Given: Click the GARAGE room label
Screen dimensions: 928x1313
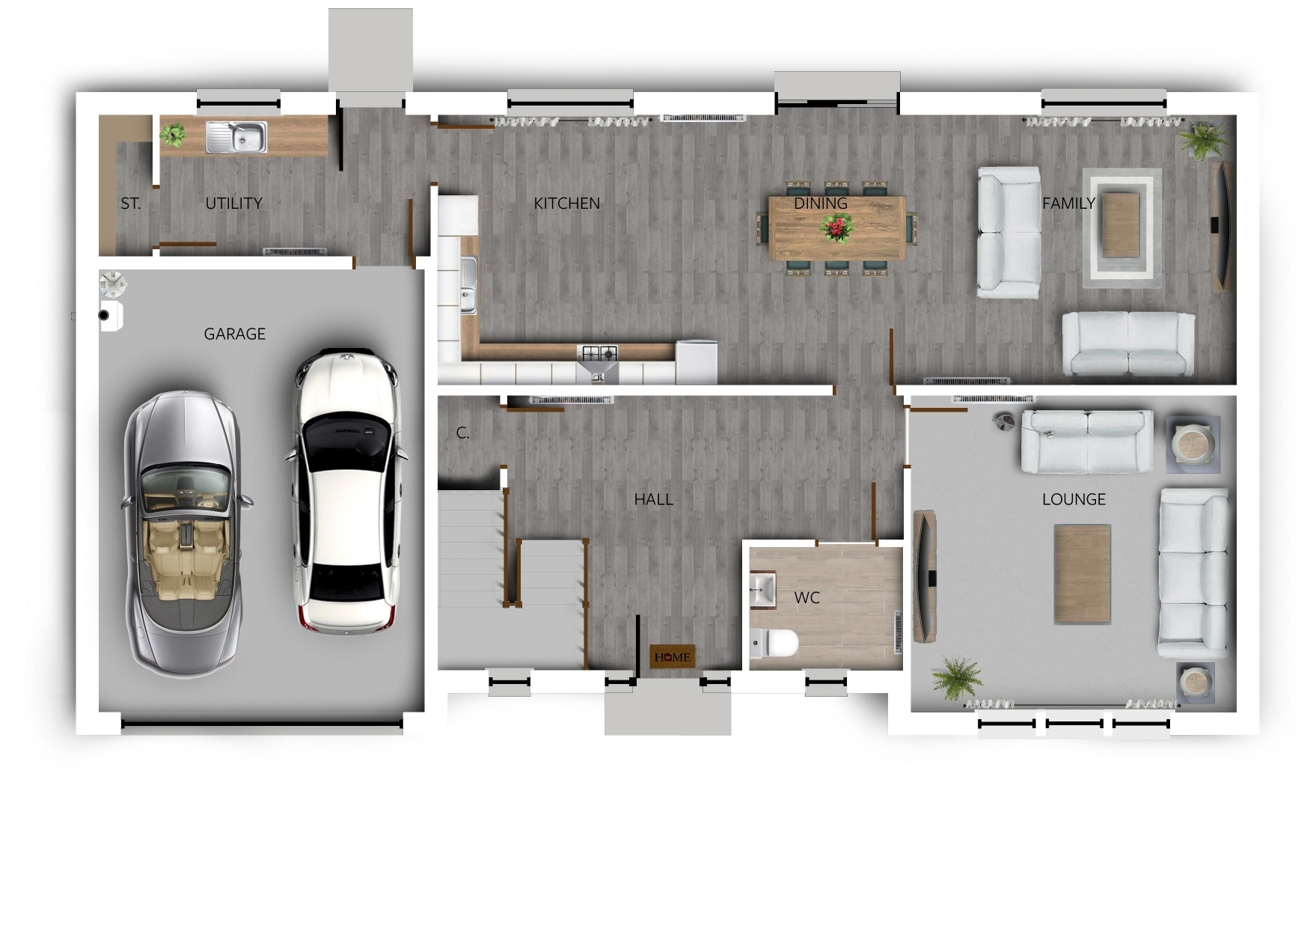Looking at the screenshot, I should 234,334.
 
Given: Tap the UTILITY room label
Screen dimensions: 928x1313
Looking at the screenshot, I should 233,204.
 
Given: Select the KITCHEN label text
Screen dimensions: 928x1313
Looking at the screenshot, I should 566,204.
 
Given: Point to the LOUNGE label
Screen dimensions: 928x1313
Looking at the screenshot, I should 1074,499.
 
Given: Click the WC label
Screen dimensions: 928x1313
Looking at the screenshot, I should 807,597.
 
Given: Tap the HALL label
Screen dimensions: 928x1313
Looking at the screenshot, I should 653,499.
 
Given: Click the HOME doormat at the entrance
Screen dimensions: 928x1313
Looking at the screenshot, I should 672,656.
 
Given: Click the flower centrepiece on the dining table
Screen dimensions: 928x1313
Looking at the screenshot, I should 836,228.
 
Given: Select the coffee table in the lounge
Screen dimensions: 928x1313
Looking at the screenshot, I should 1082,573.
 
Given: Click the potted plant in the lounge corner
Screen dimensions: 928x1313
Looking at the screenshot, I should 956,677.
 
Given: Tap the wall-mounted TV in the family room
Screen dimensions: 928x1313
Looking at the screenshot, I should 1221,225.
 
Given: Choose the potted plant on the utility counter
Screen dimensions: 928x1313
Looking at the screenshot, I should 174,135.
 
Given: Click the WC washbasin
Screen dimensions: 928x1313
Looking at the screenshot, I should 763,588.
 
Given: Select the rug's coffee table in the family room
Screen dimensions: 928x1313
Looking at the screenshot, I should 1120,225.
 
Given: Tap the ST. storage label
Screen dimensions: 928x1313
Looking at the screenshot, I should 130,204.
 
